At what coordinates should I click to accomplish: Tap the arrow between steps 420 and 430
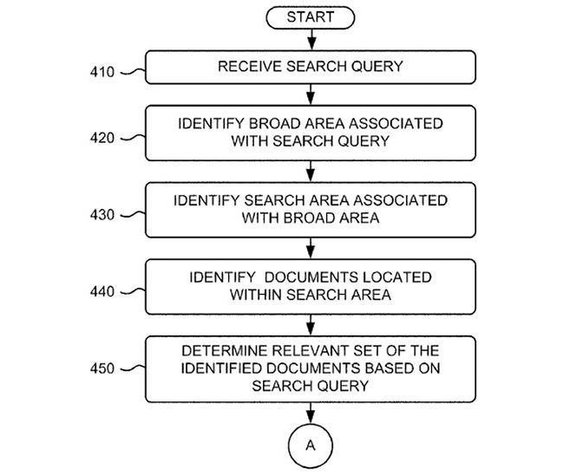(x=310, y=171)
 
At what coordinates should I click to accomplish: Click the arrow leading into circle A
(x=310, y=413)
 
